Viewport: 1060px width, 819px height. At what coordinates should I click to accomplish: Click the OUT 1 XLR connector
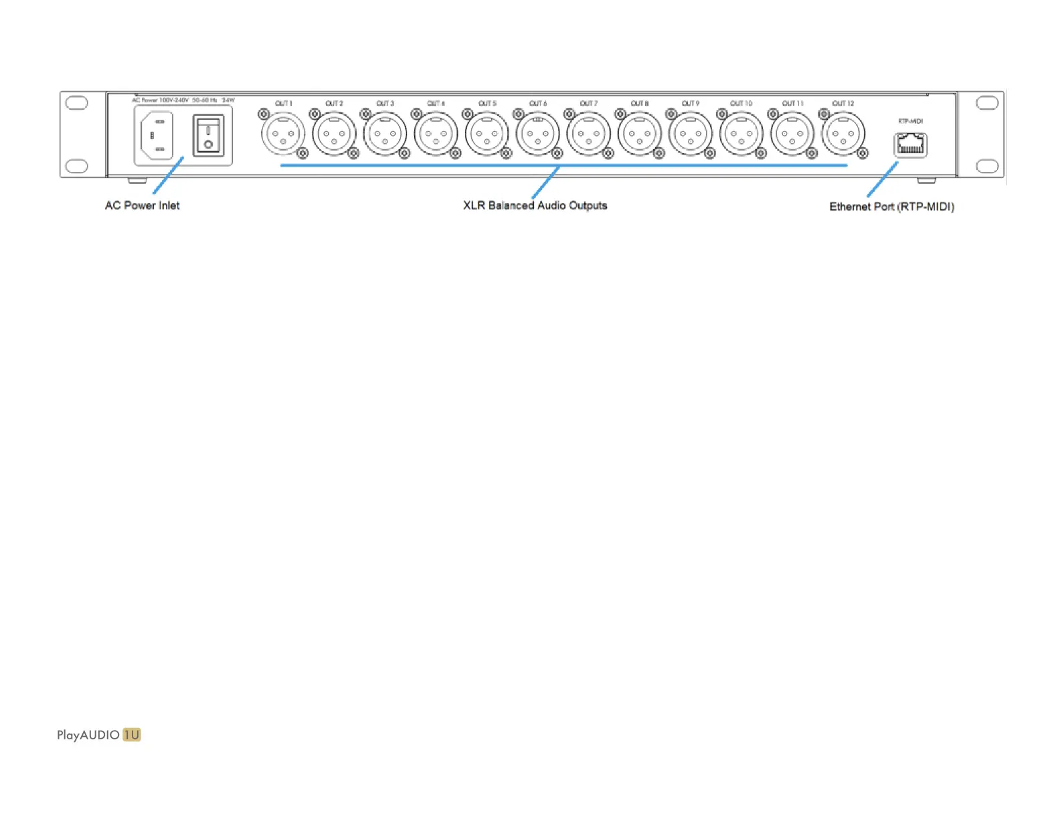[x=283, y=134]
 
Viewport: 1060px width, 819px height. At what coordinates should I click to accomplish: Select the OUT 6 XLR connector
[x=537, y=134]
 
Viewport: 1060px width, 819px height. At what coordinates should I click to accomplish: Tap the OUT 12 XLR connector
[x=843, y=134]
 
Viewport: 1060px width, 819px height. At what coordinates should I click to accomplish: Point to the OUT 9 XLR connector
[x=691, y=134]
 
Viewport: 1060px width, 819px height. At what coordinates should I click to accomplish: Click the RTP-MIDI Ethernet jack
[x=910, y=145]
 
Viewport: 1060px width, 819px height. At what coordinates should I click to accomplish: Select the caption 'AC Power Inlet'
[x=142, y=205]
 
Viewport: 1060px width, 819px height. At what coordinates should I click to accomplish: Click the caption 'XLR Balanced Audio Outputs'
[x=535, y=205]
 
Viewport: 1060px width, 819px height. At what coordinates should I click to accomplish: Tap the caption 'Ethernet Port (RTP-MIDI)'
[x=891, y=207]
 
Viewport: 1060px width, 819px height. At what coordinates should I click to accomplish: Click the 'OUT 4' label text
[x=436, y=104]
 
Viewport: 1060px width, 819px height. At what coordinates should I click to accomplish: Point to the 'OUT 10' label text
[x=741, y=104]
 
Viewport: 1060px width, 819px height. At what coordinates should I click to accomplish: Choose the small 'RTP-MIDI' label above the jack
[x=910, y=121]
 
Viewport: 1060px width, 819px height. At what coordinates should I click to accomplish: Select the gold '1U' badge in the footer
[x=132, y=735]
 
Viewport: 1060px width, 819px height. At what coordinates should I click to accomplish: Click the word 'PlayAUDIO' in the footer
[x=88, y=735]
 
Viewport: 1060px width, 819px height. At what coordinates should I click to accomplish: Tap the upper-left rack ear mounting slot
[x=77, y=103]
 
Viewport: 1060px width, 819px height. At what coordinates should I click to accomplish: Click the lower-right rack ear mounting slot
[x=987, y=166]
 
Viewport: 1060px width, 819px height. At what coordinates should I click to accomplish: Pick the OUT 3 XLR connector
[x=385, y=134]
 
